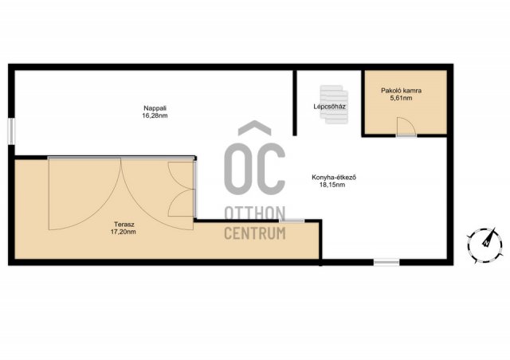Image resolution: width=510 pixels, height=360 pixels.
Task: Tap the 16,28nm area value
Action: coord(155,115)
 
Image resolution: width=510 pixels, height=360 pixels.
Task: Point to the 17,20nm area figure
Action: coord(124,232)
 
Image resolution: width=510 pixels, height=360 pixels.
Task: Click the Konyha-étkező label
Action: coord(334,178)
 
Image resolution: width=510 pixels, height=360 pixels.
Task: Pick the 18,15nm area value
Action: coord(332,185)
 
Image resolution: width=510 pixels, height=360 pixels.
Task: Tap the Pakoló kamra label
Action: coord(401,91)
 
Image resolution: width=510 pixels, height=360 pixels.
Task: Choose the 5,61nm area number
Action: coord(401,98)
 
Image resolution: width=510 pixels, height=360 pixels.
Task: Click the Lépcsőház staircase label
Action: coord(329,107)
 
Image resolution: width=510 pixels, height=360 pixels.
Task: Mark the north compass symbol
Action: coord(484,245)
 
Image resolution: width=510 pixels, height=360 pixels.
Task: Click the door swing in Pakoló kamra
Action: coord(406,126)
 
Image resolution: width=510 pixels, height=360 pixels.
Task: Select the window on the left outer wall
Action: coord(11,131)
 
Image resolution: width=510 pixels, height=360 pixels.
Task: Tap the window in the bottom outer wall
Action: coord(386,262)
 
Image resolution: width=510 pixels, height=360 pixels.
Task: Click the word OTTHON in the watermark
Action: coord(255,213)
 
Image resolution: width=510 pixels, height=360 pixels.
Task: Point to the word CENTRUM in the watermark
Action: coord(255,233)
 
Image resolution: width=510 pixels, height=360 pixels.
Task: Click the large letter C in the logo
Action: coord(270,166)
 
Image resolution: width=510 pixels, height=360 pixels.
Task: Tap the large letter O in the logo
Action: coord(238,166)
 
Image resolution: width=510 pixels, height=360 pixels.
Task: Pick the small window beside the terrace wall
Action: coord(292,221)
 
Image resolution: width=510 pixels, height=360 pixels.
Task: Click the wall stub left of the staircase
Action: coord(295,103)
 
